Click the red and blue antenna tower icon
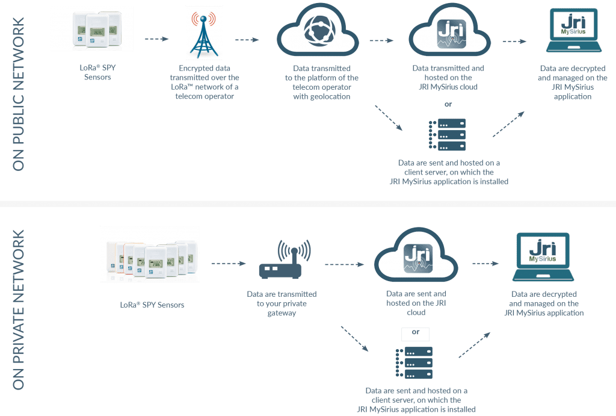[204, 33]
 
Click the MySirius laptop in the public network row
[576, 31]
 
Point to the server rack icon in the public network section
[448, 134]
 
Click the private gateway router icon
[285, 261]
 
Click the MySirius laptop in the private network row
[542, 257]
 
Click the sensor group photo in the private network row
[150, 253]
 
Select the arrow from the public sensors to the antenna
[157, 39]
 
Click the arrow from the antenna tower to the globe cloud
[247, 40]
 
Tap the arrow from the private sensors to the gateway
[228, 263]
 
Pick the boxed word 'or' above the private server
[415, 332]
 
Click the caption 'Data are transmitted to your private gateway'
[282, 303]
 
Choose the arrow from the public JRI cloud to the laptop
[514, 41]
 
